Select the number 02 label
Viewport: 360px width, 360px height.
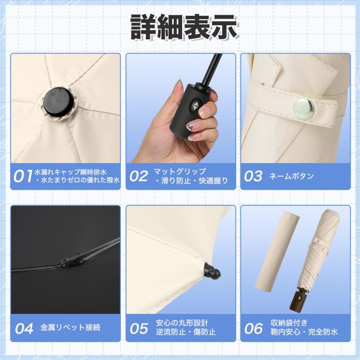coord(139,176)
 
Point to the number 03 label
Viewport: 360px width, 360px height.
coord(254,176)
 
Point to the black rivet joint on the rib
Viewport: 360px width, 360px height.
coord(74,260)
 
